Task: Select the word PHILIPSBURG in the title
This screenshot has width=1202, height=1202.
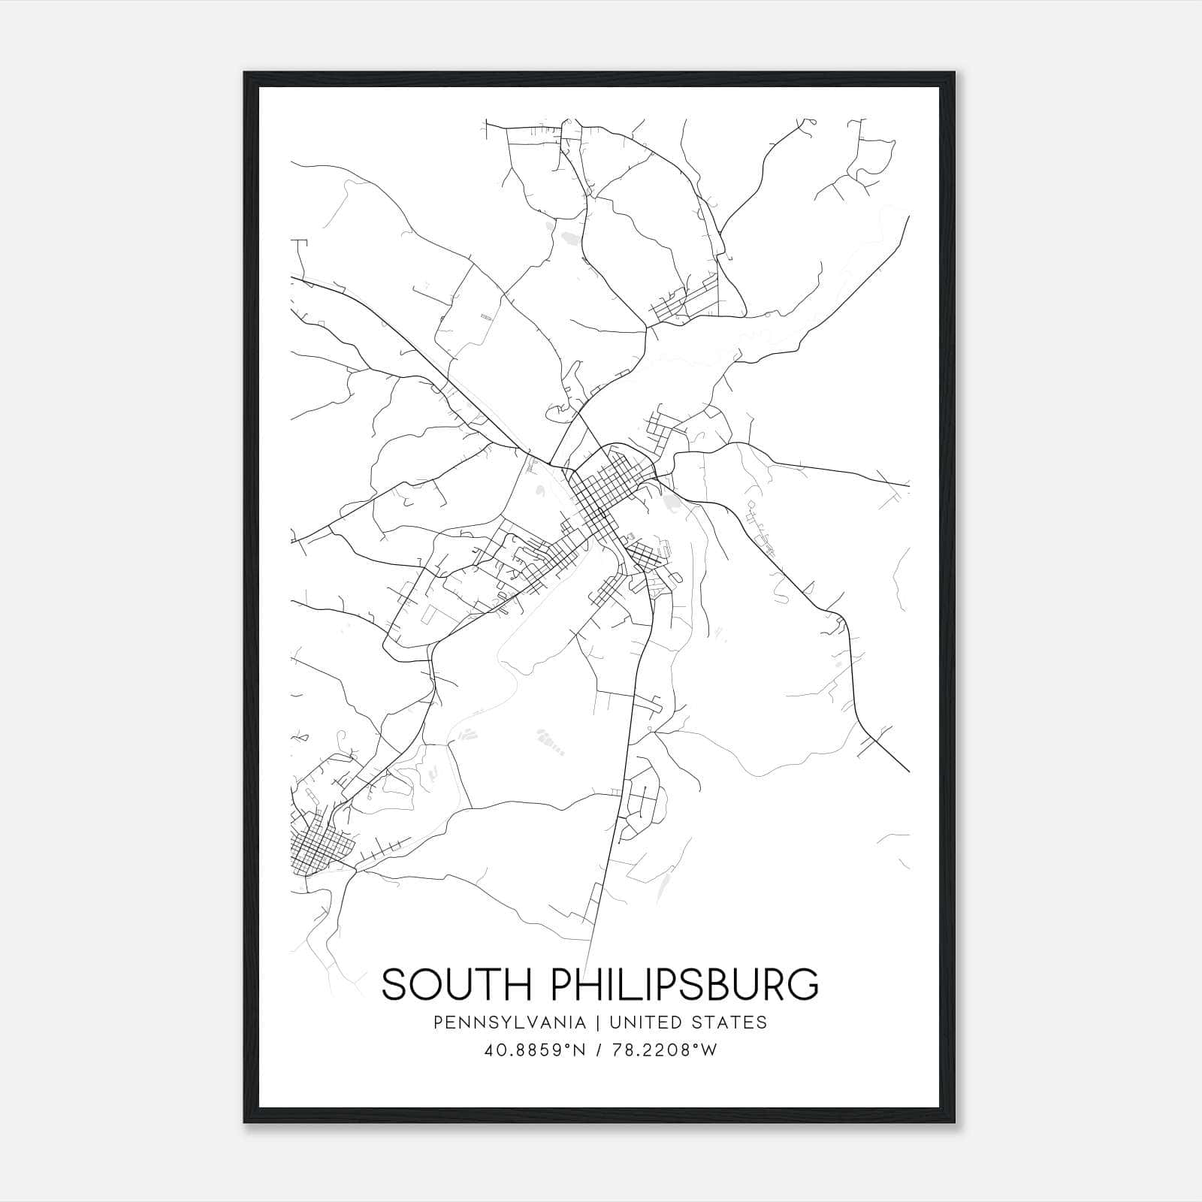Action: tap(685, 985)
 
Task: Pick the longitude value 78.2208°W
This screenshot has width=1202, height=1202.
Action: tap(664, 1050)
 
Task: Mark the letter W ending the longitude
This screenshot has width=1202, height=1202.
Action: tap(709, 1050)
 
